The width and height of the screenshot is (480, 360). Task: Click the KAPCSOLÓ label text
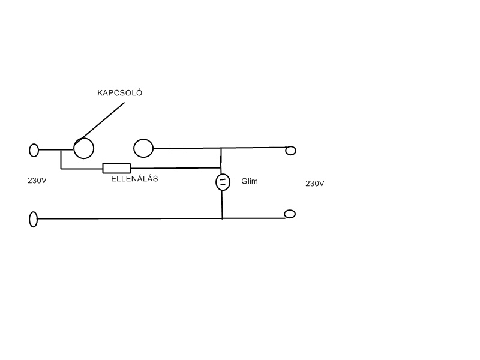120,93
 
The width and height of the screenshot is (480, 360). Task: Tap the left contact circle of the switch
83,148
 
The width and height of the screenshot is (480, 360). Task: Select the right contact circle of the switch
143,148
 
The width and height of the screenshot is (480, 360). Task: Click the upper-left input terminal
34,150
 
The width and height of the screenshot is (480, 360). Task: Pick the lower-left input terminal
33,220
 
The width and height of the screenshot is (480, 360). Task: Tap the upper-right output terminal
291,150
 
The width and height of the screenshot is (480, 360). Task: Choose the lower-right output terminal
290,214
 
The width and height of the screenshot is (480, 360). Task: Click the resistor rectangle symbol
116,168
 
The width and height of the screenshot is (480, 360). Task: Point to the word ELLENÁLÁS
134,179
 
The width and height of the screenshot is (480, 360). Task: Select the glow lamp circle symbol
222,182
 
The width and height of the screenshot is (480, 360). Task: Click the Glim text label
249,181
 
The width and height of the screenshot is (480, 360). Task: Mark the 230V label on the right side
314,184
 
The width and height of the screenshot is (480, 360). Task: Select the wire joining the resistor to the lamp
174,168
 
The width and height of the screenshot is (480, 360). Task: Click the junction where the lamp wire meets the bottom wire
222,218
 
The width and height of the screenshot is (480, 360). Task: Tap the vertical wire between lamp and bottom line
222,205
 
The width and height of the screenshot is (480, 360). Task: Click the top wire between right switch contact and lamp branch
186,148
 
